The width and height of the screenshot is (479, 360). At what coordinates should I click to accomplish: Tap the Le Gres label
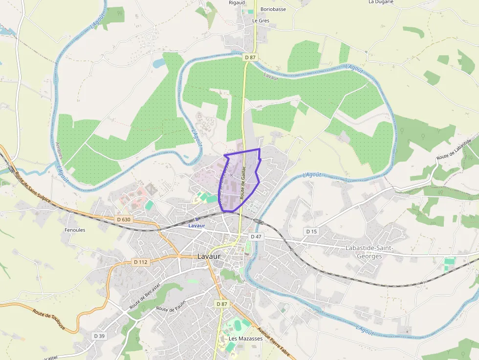click(261, 21)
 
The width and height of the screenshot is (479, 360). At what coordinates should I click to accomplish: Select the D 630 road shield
click(124, 220)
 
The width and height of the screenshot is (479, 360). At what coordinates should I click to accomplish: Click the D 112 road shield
click(141, 262)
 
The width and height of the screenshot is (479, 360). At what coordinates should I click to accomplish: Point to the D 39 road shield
click(99, 336)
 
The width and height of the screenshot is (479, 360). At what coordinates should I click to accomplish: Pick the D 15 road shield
click(311, 231)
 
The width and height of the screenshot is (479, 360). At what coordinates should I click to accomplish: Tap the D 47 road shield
click(257, 236)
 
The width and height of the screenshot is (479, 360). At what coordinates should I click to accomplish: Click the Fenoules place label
click(75, 230)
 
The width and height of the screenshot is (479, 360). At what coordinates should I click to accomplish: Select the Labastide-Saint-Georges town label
click(369, 252)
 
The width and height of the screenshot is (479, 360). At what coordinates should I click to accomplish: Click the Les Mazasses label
click(246, 339)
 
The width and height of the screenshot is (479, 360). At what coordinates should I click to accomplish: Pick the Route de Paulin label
click(171, 306)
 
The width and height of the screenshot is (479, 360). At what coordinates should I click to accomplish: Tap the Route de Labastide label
click(457, 149)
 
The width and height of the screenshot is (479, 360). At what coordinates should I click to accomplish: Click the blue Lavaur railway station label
click(196, 226)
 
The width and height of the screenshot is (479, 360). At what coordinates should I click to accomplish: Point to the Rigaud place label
click(237, 2)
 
